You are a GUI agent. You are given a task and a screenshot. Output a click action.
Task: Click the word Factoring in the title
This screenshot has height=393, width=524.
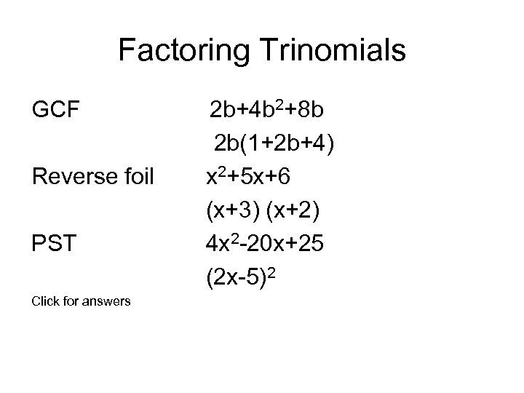(x=174, y=52)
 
